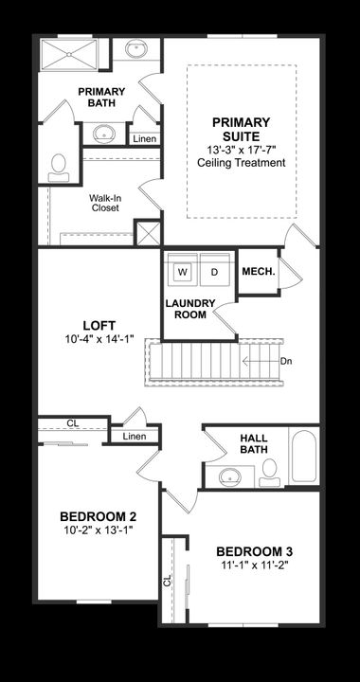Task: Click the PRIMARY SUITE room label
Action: click(x=241, y=129)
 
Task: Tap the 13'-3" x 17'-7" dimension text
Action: click(x=241, y=149)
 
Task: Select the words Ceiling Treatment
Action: click(x=241, y=162)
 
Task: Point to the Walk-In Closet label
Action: click(x=105, y=203)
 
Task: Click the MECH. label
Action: click(x=257, y=272)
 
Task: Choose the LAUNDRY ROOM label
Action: click(x=190, y=309)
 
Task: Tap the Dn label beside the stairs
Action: click(x=286, y=362)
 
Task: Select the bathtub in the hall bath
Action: click(x=303, y=458)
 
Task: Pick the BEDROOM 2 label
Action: click(x=98, y=516)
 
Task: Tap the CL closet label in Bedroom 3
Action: click(x=168, y=581)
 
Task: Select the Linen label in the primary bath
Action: click(x=144, y=139)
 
